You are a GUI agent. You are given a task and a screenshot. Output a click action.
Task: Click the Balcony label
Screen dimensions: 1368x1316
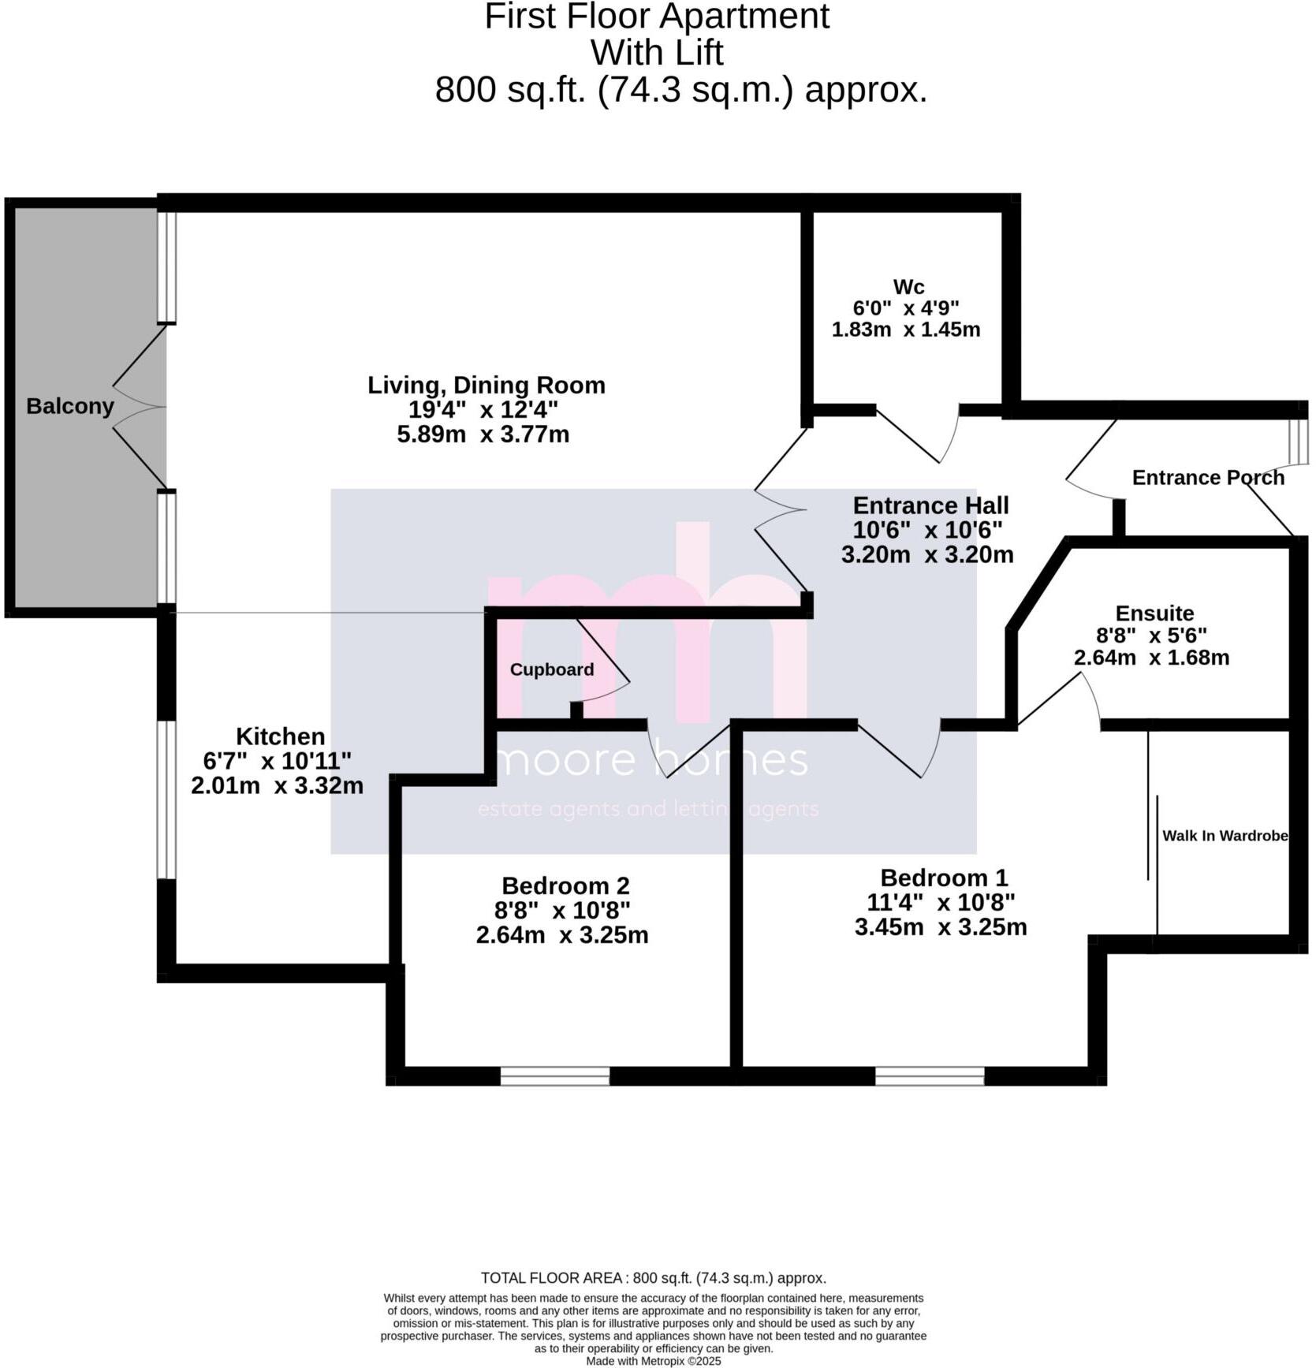tap(69, 406)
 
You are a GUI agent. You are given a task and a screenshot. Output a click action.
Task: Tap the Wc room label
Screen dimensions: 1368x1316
tap(908, 287)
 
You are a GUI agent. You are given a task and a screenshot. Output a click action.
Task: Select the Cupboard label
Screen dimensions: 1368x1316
tap(551, 669)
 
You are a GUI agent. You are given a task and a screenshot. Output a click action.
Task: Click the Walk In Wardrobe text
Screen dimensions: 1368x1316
tap(1225, 836)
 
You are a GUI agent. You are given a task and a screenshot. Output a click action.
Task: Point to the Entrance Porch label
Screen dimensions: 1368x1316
tap(1208, 478)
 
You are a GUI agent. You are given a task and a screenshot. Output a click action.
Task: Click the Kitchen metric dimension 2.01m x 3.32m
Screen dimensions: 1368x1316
tap(277, 786)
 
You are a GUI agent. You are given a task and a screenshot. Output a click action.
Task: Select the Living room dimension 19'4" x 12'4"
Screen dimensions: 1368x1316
tap(483, 410)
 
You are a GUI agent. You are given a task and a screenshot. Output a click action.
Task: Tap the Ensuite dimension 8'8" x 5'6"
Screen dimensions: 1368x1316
tap(1151, 636)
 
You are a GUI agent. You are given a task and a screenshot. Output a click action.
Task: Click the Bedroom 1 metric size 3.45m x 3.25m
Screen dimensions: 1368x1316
tap(941, 927)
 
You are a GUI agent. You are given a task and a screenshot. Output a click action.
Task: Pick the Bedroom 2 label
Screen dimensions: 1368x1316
tap(565, 885)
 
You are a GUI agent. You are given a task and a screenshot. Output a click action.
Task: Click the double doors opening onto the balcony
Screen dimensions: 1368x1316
tap(142, 408)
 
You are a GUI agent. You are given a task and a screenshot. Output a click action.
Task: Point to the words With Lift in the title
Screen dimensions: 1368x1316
tap(657, 53)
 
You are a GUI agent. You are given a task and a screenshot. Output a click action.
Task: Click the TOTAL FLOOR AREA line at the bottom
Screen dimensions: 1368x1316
tap(653, 1278)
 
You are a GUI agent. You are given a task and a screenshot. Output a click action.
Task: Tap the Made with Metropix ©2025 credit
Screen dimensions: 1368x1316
tap(653, 1361)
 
